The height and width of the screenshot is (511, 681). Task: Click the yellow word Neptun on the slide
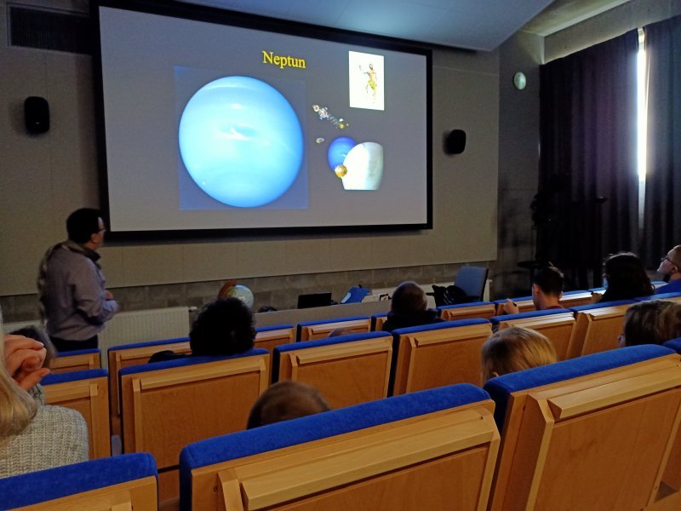click(x=283, y=60)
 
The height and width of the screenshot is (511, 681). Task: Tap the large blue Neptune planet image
click(x=241, y=141)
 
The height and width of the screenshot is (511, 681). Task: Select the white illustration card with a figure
click(x=366, y=81)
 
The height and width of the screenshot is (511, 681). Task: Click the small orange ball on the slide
click(x=341, y=171)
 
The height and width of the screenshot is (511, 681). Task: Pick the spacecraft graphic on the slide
click(x=329, y=117)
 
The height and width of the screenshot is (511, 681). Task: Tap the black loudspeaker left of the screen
click(x=37, y=115)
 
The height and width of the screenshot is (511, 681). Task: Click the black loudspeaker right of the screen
click(x=455, y=141)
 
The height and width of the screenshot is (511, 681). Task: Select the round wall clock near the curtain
click(x=519, y=81)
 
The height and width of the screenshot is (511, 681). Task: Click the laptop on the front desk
click(x=314, y=301)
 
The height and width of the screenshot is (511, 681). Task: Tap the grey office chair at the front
click(x=472, y=283)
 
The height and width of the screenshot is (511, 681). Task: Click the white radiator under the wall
click(x=144, y=327)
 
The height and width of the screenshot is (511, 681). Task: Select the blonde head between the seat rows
click(x=518, y=352)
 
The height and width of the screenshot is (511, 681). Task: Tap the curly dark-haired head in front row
click(x=222, y=326)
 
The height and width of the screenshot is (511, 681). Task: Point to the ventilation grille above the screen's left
click(x=49, y=30)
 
